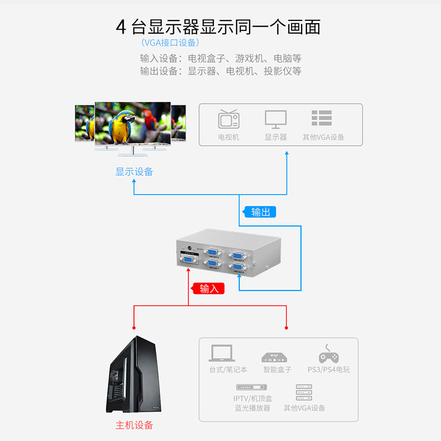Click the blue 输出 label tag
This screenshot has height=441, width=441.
[259, 212]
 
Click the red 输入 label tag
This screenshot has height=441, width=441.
[208, 288]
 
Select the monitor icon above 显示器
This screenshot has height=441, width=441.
[276, 119]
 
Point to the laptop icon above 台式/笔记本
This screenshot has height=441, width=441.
[222, 353]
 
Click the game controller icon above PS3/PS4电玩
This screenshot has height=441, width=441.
[329, 354]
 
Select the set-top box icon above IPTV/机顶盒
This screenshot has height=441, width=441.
[251, 387]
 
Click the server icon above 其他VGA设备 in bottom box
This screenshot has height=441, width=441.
[304, 392]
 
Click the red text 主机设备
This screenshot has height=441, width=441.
[134, 425]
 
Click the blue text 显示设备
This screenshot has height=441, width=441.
[134, 172]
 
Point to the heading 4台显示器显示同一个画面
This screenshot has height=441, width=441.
[218, 27]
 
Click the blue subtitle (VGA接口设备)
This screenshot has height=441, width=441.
[170, 43]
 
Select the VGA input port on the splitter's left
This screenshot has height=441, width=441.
[188, 260]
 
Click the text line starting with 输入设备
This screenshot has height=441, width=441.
[220, 58]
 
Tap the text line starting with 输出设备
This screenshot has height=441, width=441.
[220, 71]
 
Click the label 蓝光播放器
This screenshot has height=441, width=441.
[252, 408]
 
